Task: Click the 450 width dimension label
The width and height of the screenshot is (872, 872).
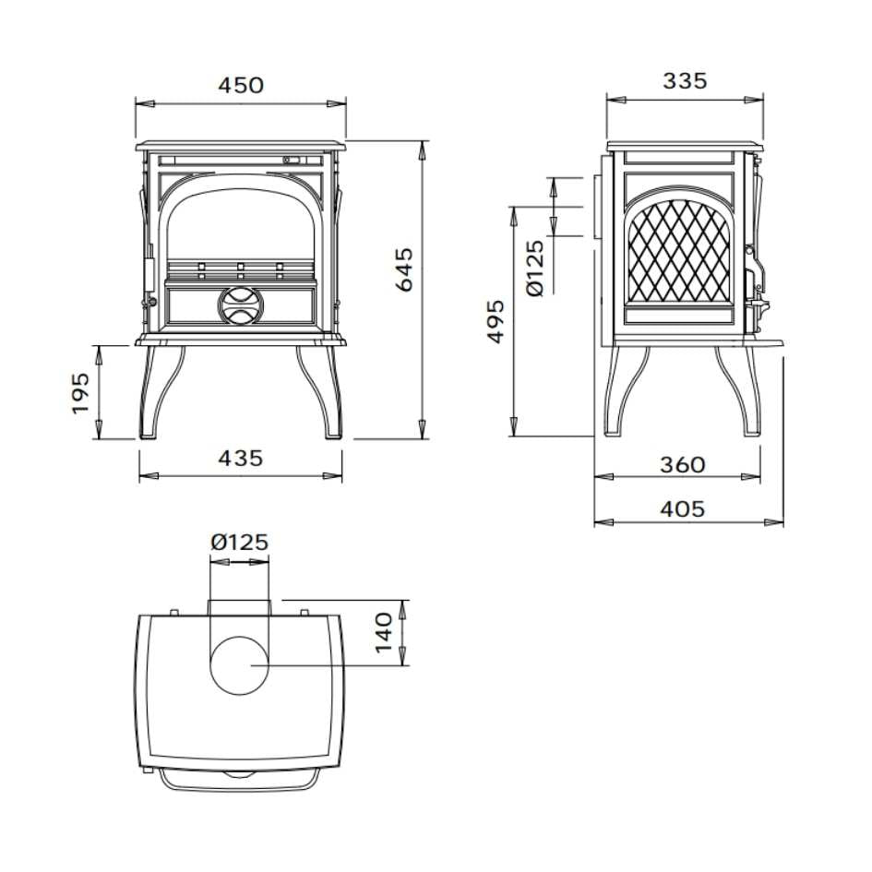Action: click(x=241, y=86)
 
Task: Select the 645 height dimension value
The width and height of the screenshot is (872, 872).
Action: click(x=405, y=269)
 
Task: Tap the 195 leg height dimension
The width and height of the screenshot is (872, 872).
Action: click(x=80, y=392)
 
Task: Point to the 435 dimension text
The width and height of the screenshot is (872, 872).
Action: click(x=241, y=458)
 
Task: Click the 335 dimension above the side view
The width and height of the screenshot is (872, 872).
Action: click(x=685, y=81)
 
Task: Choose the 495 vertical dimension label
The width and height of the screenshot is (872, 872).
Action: click(x=496, y=321)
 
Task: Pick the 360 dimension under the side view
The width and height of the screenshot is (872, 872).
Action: click(x=683, y=464)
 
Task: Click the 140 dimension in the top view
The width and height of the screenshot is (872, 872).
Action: click(x=386, y=632)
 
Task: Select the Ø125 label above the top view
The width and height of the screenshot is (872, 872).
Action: click(x=240, y=543)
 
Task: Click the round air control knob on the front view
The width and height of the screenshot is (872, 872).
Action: click(x=240, y=305)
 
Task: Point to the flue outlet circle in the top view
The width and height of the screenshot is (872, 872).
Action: click(x=240, y=664)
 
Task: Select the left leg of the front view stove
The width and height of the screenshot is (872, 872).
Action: click(x=155, y=392)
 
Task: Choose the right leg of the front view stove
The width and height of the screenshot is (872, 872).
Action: click(x=325, y=392)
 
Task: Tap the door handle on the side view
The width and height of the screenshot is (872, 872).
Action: click(x=755, y=277)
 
